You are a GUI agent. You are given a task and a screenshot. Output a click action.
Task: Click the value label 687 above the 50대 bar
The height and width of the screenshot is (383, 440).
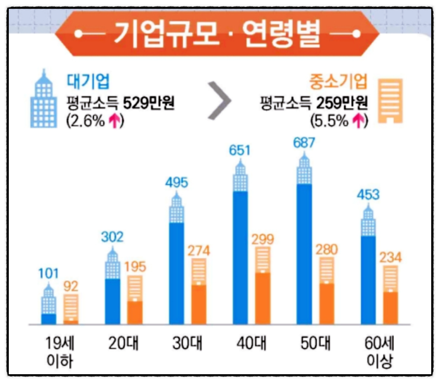click(x=304, y=143)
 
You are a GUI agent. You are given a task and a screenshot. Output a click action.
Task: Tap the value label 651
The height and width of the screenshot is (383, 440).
click(x=240, y=151)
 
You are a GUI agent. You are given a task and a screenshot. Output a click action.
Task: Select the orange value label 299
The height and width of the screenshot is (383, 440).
click(x=264, y=239)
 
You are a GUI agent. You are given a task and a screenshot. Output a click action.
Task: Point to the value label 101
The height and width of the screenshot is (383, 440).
click(x=49, y=275)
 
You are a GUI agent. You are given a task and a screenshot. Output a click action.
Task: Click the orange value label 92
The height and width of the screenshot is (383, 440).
click(x=71, y=286)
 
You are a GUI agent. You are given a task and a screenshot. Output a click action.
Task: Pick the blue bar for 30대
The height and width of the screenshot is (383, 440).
click(x=176, y=273)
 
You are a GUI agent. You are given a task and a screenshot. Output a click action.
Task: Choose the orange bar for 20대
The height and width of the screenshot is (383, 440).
click(x=136, y=312)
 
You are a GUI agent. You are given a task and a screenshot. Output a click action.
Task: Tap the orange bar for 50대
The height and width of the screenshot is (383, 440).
click(x=327, y=303)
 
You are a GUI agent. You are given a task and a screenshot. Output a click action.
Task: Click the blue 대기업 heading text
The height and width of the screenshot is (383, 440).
click(x=88, y=79)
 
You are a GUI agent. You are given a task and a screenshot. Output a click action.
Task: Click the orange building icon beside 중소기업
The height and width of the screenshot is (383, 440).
click(x=391, y=101)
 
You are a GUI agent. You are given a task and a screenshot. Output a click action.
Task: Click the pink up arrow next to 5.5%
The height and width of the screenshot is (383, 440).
click(x=358, y=120)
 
